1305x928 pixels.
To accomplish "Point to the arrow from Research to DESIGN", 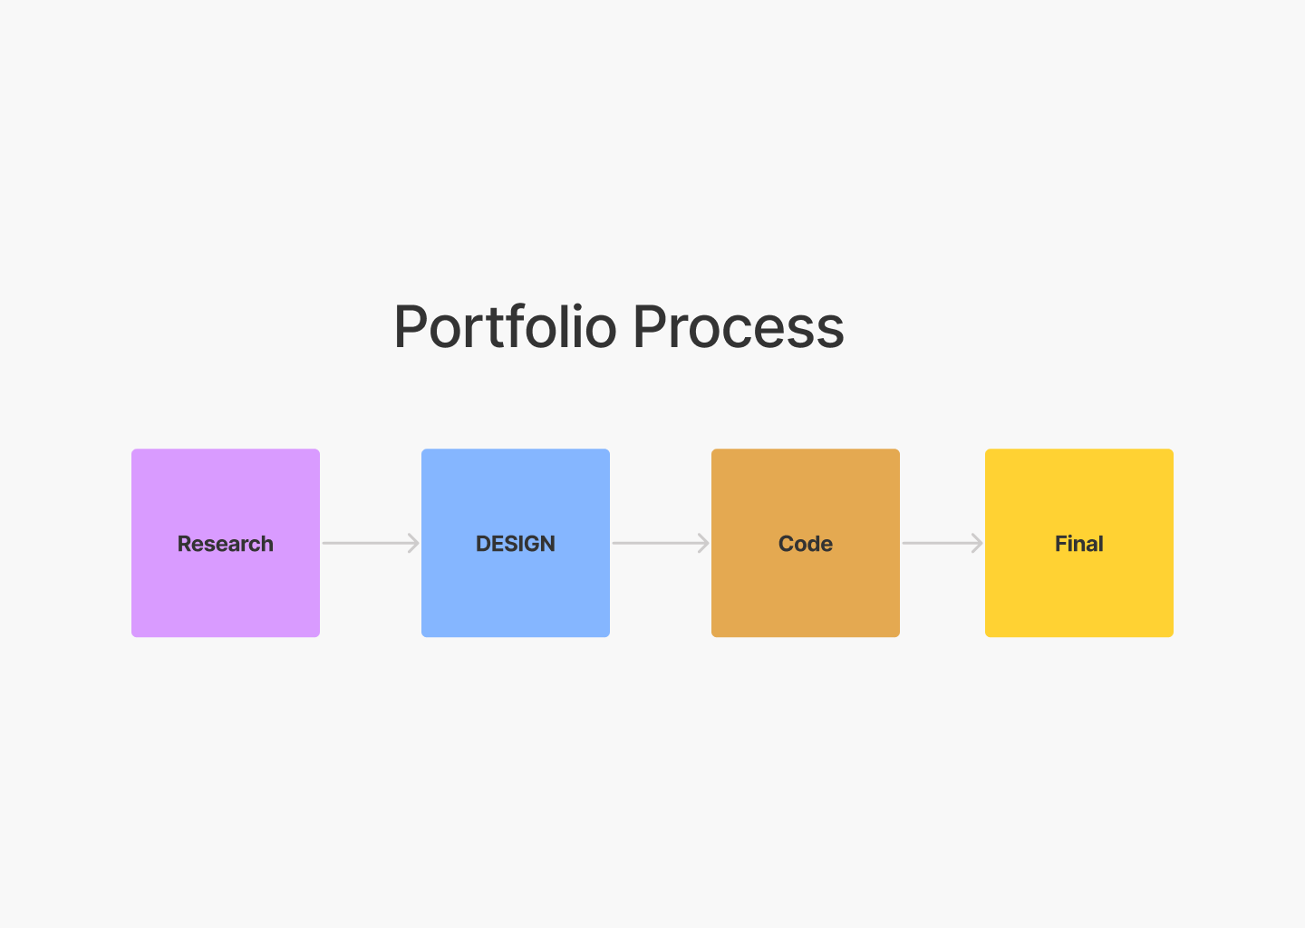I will click(x=367, y=543).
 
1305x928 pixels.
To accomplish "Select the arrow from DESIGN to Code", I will click(x=657, y=543).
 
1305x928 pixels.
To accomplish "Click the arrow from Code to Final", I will click(x=939, y=543).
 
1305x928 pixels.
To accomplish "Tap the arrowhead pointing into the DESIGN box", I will click(x=414, y=543).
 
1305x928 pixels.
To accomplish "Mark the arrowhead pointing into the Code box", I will click(x=704, y=543).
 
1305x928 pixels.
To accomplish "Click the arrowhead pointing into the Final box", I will click(x=978, y=543).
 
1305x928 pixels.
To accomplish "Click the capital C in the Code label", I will click(x=787, y=544).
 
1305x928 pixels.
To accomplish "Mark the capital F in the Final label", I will click(x=1061, y=544).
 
